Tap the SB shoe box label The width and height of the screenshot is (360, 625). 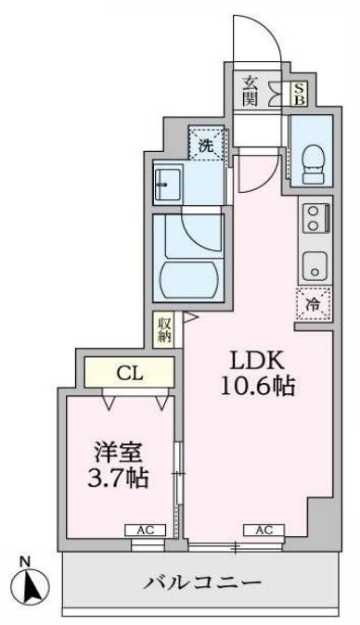pos(299,94)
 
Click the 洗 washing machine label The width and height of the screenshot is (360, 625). pos(208,144)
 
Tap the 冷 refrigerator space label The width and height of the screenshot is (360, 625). pos(314,302)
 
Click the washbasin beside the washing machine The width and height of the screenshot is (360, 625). pos(172,184)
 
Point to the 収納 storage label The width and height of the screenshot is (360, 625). pos(164,329)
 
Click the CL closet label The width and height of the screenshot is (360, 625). pos(129,374)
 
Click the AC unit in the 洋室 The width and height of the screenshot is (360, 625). pos(145,529)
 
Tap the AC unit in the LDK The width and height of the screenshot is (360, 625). pos(263,529)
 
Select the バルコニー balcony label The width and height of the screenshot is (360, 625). pos(206,583)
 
